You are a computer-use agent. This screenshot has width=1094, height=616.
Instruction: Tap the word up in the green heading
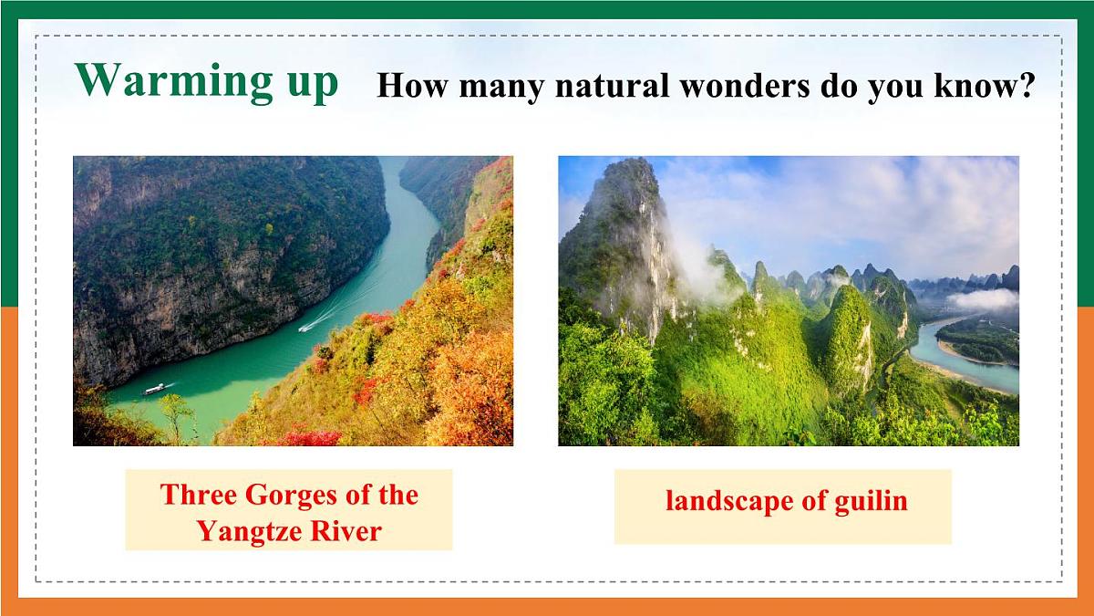pyautogui.click(x=306, y=84)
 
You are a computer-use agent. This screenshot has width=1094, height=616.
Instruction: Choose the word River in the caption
pyautogui.click(x=347, y=531)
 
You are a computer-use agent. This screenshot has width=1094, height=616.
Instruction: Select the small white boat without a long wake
pyautogui.click(x=154, y=390)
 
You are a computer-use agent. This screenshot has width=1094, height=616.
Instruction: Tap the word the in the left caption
pyautogui.click(x=398, y=496)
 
